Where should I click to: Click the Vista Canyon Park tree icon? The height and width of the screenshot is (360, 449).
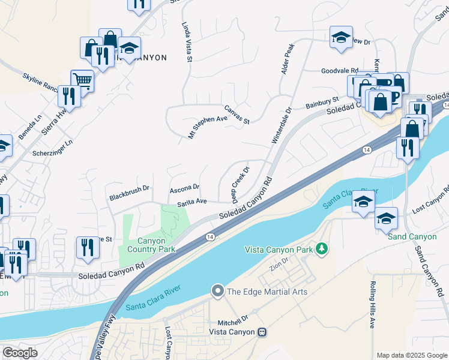click(x=322, y=248)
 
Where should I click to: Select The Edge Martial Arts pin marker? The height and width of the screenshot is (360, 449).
click(x=217, y=292)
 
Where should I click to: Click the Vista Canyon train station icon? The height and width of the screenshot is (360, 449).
click(x=262, y=332)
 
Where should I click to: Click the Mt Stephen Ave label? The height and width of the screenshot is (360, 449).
click(x=208, y=127)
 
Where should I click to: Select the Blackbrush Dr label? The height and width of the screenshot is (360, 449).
click(x=128, y=196)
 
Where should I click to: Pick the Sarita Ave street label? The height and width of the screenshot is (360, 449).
click(x=191, y=203)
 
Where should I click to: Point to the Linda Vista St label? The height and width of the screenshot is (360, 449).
click(x=186, y=42)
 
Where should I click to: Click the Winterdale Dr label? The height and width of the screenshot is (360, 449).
click(x=280, y=125)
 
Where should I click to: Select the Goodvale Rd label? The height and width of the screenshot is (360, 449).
click(x=339, y=70)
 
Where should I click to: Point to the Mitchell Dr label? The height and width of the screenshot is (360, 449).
click(x=233, y=318)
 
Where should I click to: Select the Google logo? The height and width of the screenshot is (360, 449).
click(x=20, y=353)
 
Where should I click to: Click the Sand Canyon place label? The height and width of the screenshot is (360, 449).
click(x=412, y=236)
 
